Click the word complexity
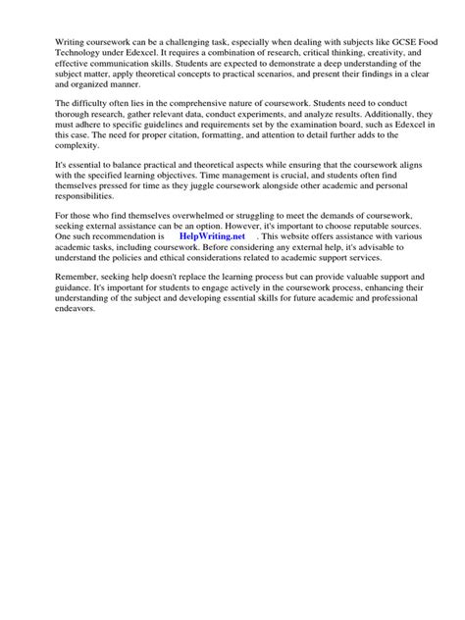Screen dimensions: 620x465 [79, 165]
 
